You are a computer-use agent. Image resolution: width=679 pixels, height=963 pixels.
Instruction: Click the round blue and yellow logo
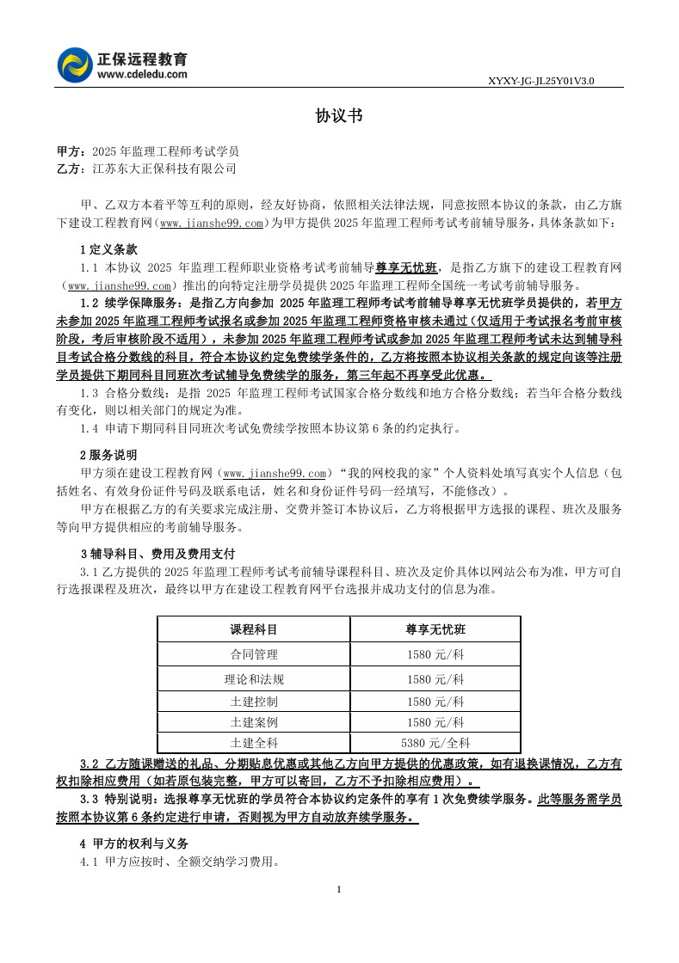[76, 65]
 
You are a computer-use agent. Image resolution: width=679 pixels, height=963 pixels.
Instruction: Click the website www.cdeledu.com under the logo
[142, 75]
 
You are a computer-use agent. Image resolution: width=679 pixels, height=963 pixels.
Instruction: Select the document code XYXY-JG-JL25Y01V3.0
[541, 81]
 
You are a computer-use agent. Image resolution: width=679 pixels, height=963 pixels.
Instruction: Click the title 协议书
[338, 116]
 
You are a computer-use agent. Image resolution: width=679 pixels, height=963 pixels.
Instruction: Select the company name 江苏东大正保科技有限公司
[164, 169]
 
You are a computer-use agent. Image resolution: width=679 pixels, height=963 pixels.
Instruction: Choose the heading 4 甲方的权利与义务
[133, 843]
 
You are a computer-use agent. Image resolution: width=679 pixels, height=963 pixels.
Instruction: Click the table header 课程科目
[254, 629]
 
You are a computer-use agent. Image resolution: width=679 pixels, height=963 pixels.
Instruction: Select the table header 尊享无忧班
[435, 629]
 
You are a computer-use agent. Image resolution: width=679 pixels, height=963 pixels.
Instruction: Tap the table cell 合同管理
[254, 654]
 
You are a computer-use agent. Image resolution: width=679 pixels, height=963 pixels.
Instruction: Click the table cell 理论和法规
[254, 679]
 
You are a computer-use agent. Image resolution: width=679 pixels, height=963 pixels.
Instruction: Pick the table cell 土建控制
[254, 701]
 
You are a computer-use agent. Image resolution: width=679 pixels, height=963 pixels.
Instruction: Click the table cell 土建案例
[254, 721]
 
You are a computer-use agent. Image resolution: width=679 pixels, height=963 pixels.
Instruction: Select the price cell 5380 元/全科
[435, 742]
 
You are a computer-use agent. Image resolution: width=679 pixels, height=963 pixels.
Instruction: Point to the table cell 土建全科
[254, 742]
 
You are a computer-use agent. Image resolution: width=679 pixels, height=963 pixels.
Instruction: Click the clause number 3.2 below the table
[90, 763]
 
